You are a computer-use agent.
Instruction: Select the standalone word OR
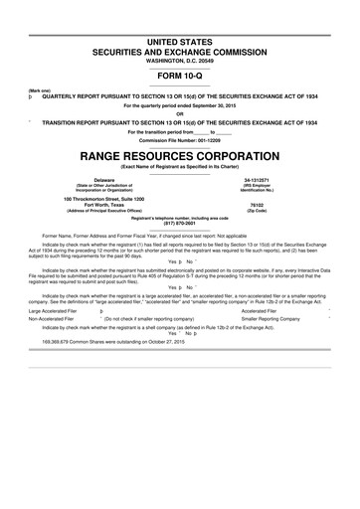pos(180,112)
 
